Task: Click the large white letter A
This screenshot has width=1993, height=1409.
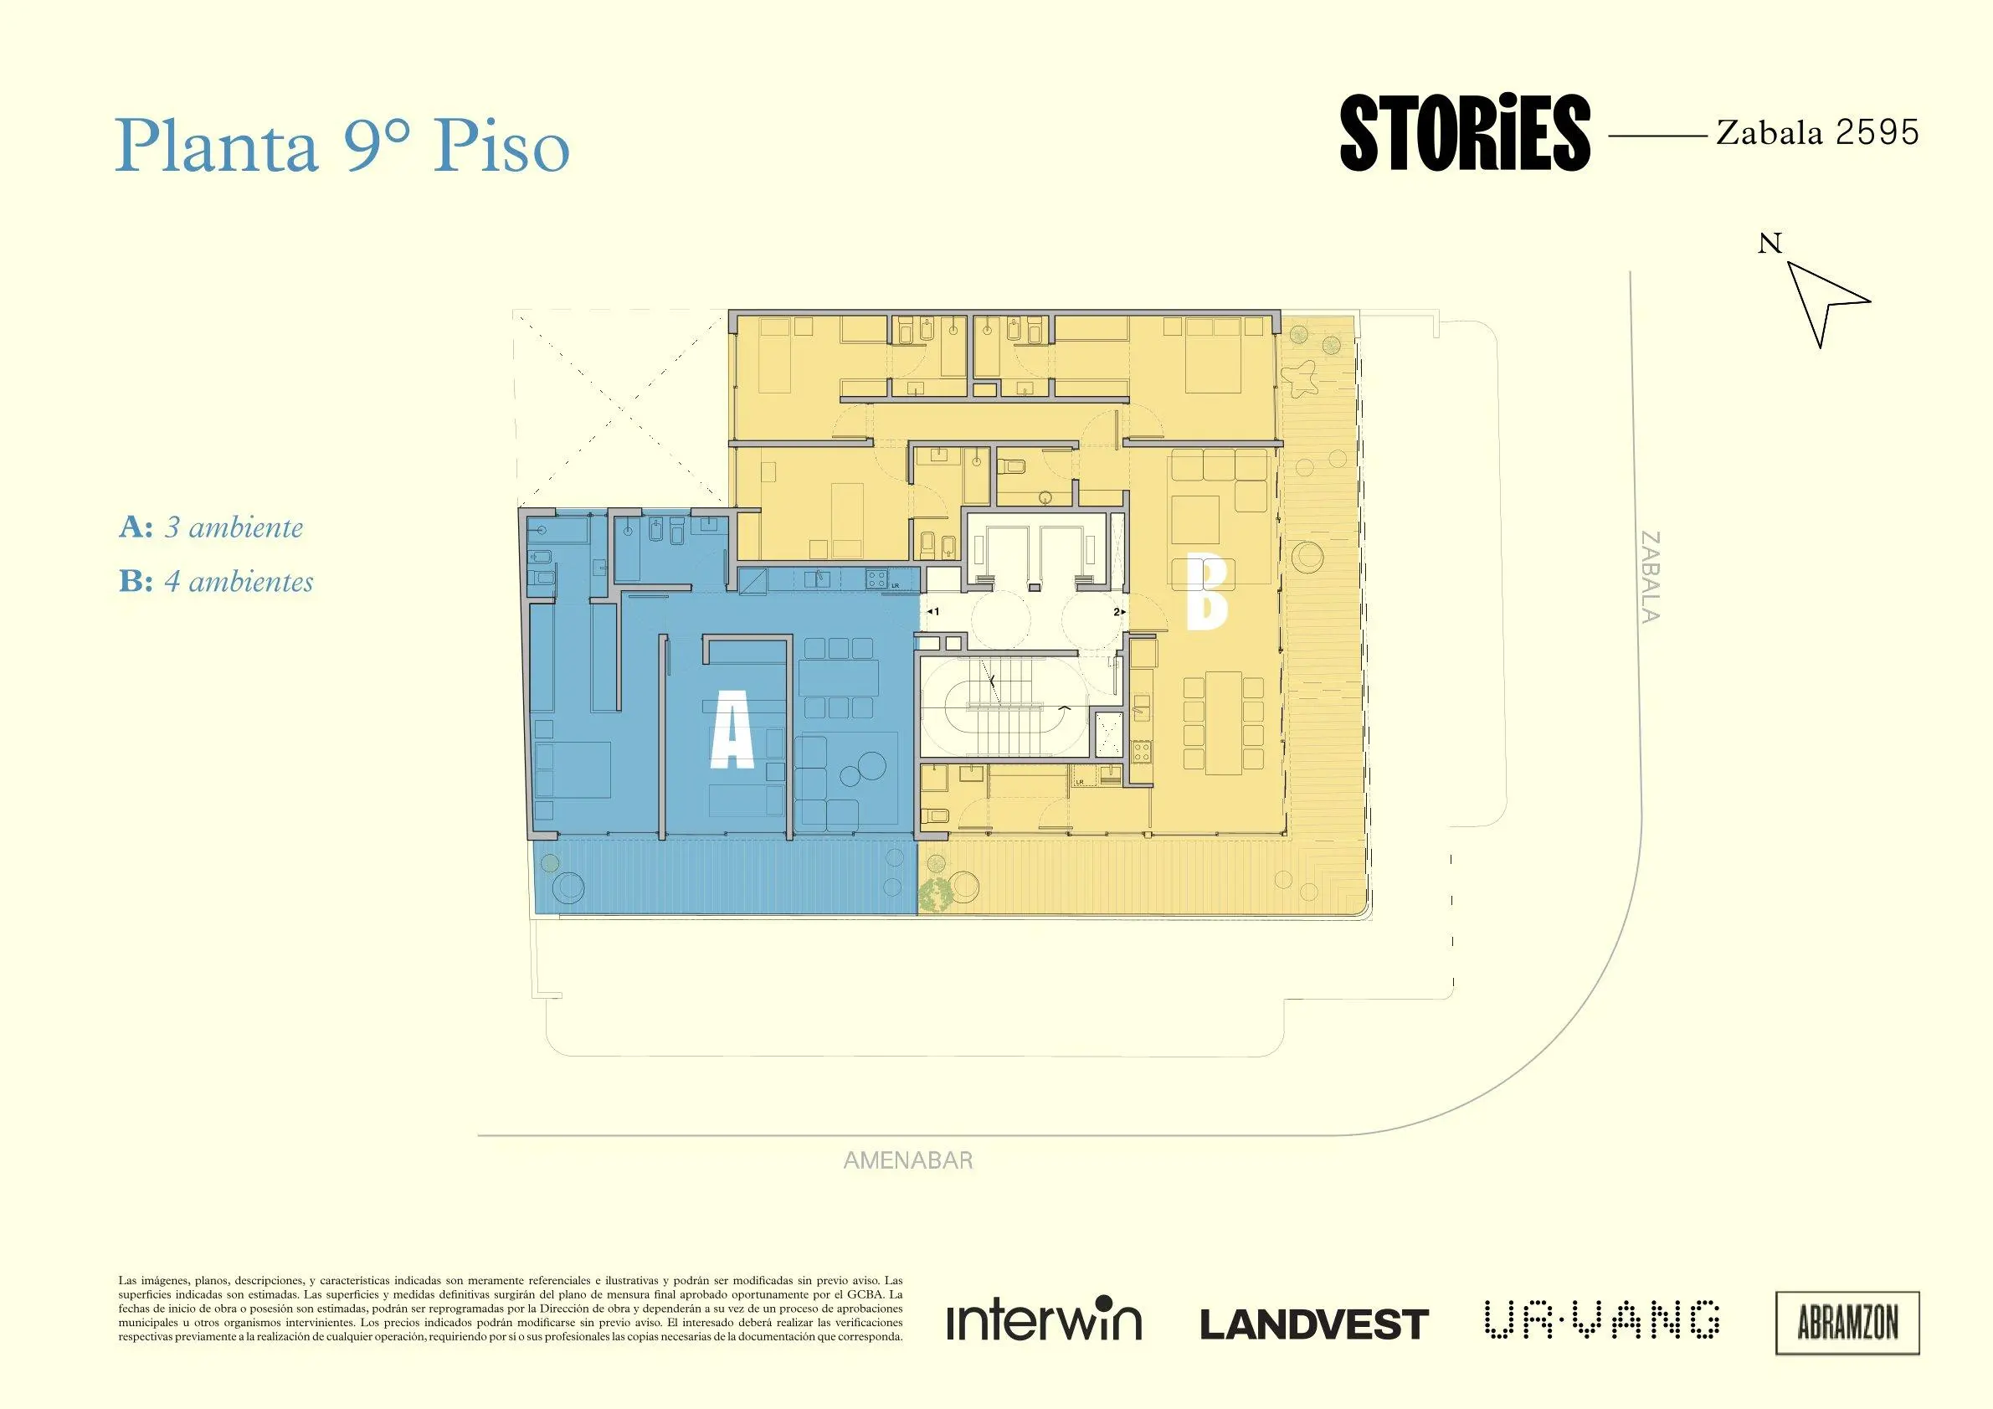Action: tap(732, 735)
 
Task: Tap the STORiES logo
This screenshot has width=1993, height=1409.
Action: tap(1465, 133)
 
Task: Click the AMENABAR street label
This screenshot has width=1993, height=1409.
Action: tap(908, 1160)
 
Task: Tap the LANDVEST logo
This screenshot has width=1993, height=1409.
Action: tap(1314, 1324)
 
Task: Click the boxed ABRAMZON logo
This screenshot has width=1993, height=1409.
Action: tap(1847, 1323)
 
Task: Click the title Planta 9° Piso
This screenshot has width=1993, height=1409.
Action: tap(343, 146)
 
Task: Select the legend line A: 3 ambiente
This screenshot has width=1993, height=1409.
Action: tap(211, 527)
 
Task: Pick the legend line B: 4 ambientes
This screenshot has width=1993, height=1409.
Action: tap(216, 581)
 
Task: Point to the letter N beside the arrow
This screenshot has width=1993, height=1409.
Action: tap(1770, 244)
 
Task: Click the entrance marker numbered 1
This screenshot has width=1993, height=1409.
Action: tap(933, 611)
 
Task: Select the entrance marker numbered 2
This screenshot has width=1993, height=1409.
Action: tap(1119, 611)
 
